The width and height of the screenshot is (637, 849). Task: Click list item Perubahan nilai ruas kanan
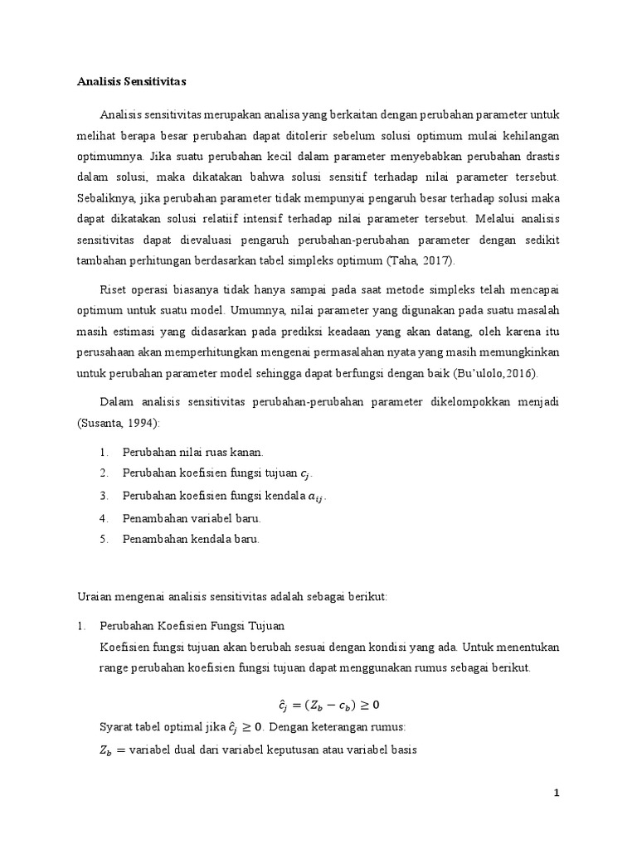click(192, 452)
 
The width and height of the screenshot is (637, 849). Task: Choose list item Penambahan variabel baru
click(192, 517)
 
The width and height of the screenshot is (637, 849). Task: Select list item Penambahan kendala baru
click(191, 539)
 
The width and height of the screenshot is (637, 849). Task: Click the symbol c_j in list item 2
click(307, 474)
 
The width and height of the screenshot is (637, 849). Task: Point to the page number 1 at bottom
click(557, 793)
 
